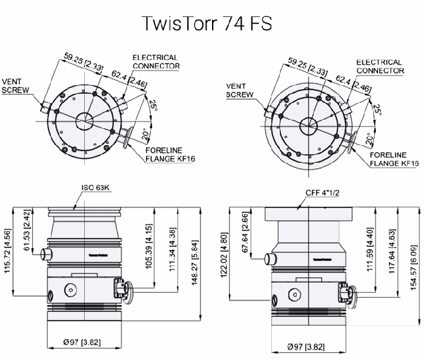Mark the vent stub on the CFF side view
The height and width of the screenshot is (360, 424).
[270, 260]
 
